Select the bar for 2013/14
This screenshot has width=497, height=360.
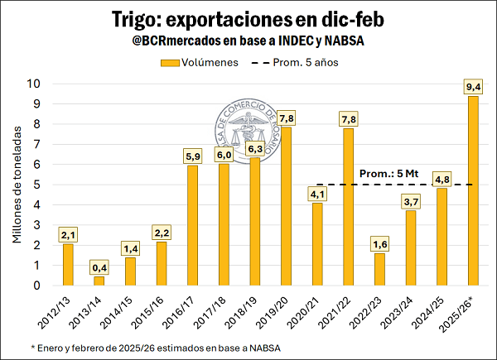[x=99, y=281]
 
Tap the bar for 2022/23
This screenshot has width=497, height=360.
[x=379, y=269]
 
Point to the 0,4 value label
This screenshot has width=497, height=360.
[x=99, y=267]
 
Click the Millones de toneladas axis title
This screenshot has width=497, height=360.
[x=17, y=185]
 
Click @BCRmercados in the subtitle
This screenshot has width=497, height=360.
[x=177, y=41]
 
